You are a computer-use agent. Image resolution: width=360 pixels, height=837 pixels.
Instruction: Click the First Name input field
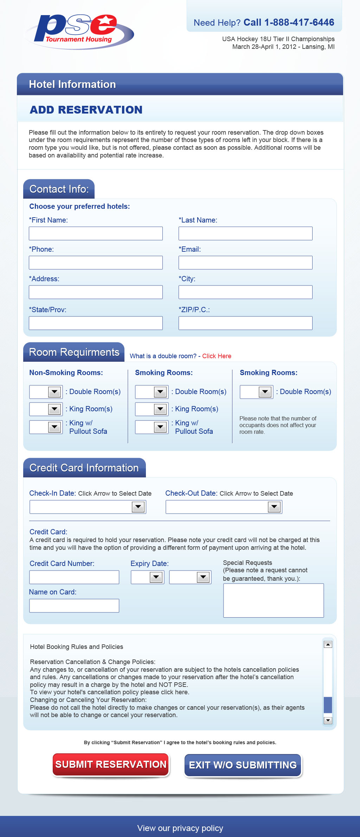click(96, 233)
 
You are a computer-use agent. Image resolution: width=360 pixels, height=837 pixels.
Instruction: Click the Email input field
click(245, 263)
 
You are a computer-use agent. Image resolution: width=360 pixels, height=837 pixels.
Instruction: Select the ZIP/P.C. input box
click(245, 323)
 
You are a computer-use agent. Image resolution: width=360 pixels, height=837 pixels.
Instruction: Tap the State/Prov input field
click(96, 323)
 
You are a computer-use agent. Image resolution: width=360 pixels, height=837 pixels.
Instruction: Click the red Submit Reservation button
click(111, 765)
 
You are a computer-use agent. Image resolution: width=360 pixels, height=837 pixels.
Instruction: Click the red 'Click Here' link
click(217, 356)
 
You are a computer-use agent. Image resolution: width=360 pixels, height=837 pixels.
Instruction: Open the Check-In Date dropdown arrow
click(138, 507)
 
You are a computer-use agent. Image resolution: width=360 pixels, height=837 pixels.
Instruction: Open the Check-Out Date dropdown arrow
click(274, 507)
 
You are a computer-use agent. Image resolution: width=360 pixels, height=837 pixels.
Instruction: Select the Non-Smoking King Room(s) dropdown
click(46, 409)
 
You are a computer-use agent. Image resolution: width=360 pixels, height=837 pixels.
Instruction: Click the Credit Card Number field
click(74, 577)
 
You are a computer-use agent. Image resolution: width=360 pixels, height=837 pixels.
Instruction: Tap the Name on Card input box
click(74, 606)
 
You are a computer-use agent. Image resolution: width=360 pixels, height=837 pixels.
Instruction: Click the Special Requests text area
click(274, 600)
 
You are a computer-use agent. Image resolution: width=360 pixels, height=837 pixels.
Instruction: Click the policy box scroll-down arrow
click(328, 721)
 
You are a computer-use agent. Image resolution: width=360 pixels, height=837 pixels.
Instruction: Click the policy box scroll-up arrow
click(328, 644)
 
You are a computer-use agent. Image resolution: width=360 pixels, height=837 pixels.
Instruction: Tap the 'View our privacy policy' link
click(180, 828)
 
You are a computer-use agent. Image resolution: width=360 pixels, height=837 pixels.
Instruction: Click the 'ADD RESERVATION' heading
click(86, 110)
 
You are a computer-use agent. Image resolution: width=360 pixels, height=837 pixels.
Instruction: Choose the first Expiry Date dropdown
click(147, 577)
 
